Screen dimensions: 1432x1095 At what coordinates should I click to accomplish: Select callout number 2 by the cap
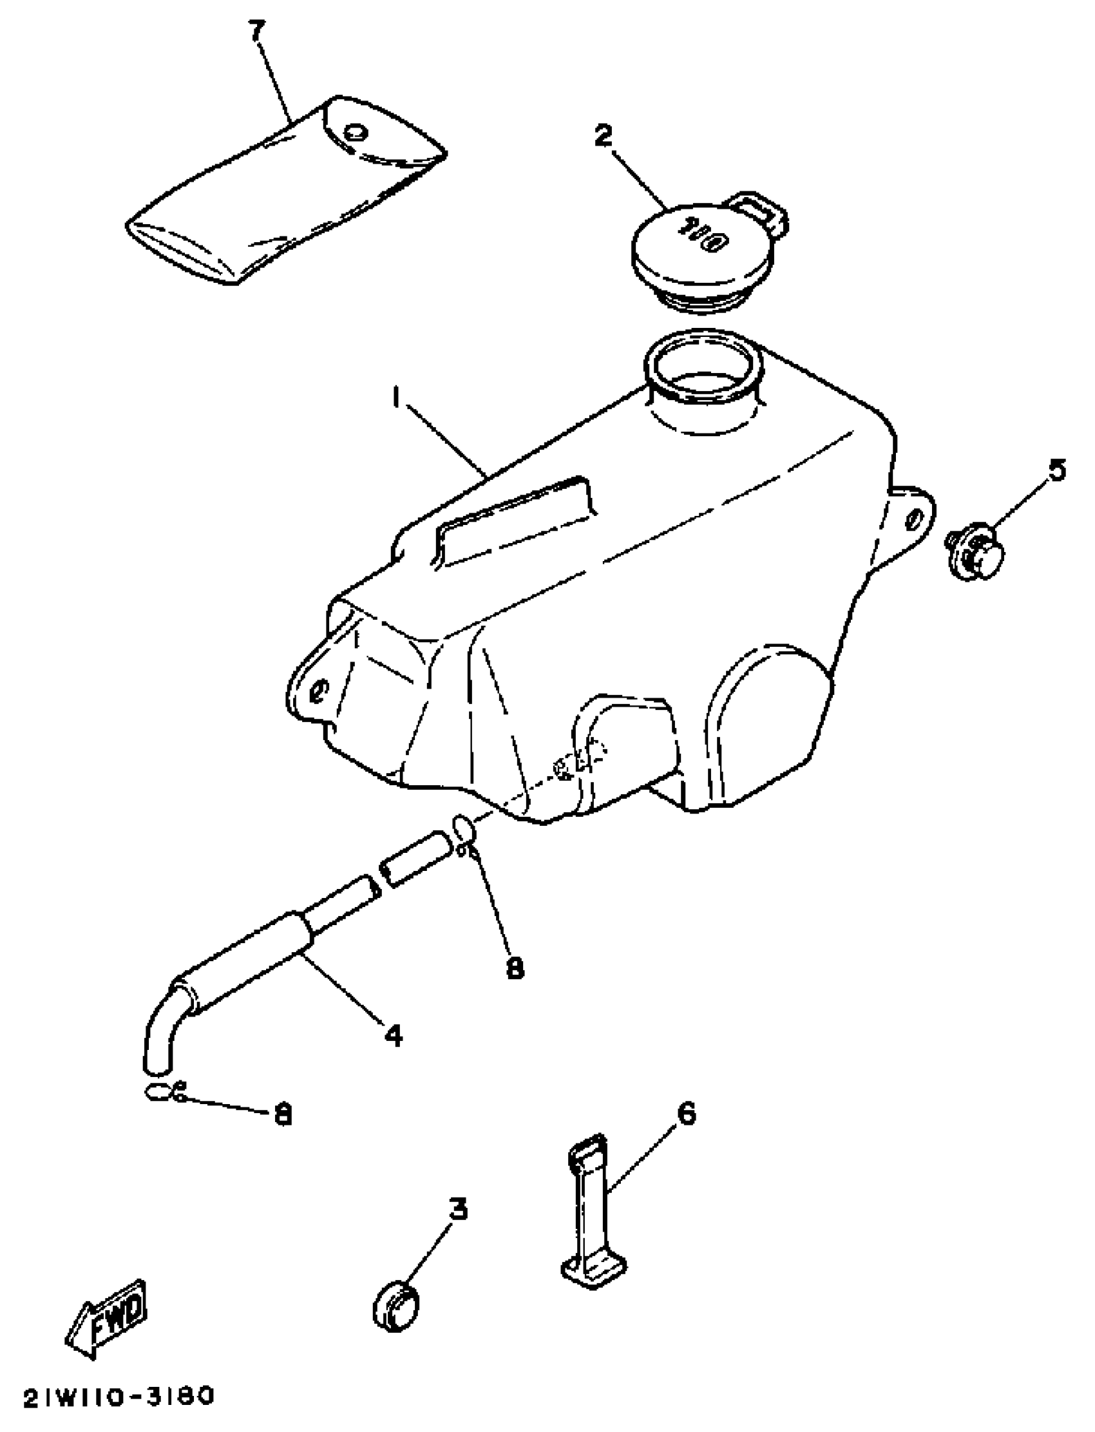tap(604, 135)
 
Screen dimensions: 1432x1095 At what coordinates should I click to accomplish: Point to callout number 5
tap(1056, 470)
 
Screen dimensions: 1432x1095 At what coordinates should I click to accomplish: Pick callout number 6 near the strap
tap(686, 1114)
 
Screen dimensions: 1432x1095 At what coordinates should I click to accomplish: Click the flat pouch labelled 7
tap(287, 196)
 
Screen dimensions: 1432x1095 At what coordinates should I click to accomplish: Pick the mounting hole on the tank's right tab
tap(915, 519)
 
